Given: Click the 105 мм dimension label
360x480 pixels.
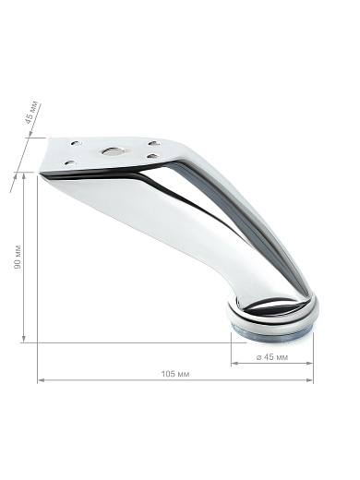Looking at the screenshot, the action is click(175, 374).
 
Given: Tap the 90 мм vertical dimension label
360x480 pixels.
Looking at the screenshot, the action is click(18, 257).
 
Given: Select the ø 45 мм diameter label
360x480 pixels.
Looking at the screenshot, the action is click(272, 357).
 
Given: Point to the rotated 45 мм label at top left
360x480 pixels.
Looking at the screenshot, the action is click(32, 112).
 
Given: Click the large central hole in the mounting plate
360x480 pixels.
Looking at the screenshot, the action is click(113, 151).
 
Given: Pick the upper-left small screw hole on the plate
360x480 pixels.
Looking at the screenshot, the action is click(76, 143).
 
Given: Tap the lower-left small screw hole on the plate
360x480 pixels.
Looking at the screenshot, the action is click(70, 162).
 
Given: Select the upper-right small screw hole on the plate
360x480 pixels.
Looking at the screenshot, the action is click(154, 143).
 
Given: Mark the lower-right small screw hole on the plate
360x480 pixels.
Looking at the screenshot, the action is click(152, 156).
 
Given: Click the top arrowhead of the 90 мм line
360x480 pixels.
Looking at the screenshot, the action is click(23, 175).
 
